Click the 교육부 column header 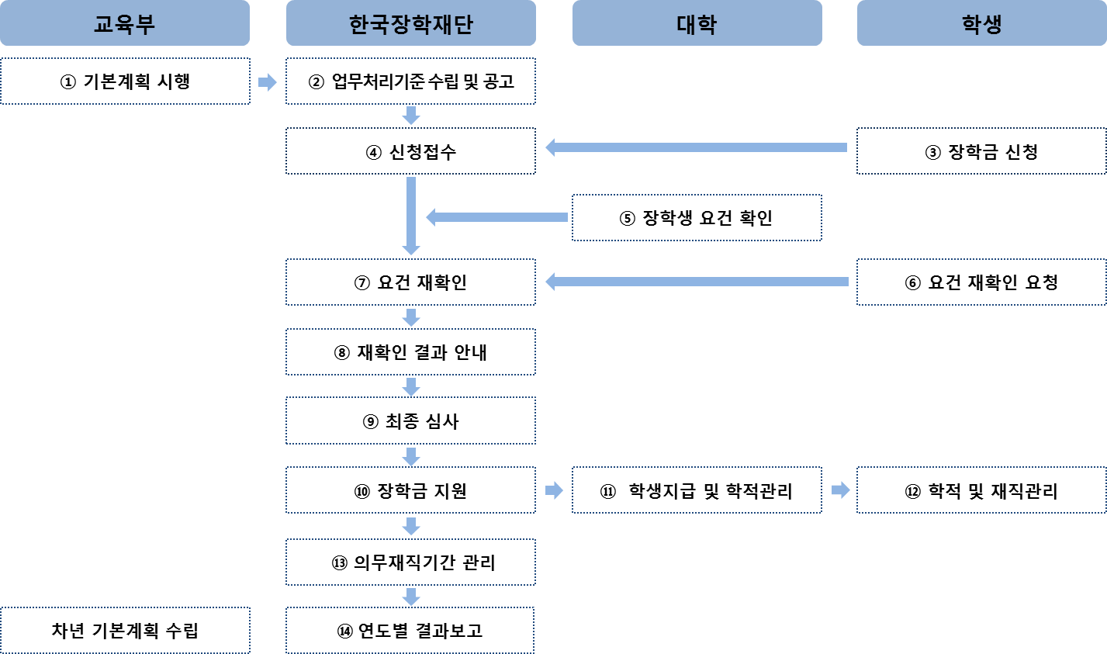[125, 24]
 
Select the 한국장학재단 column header [410, 24]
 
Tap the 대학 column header [697, 24]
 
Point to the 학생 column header [981, 24]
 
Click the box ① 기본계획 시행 [125, 81]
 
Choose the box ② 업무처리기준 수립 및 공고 [410, 81]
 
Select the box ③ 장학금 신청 [981, 151]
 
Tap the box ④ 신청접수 [410, 151]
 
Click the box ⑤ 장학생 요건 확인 [697, 218]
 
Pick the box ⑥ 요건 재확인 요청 [981, 282]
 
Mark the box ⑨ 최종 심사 [410, 421]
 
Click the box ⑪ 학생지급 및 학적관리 [697, 490]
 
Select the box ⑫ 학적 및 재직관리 [981, 490]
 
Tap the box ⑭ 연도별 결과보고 [410, 631]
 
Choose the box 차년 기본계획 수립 [125, 631]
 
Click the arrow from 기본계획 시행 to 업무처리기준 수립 [268, 81]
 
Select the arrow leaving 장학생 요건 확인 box [496, 218]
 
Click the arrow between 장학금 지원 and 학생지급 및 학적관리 [554, 490]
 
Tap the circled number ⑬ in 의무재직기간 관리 [339, 563]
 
